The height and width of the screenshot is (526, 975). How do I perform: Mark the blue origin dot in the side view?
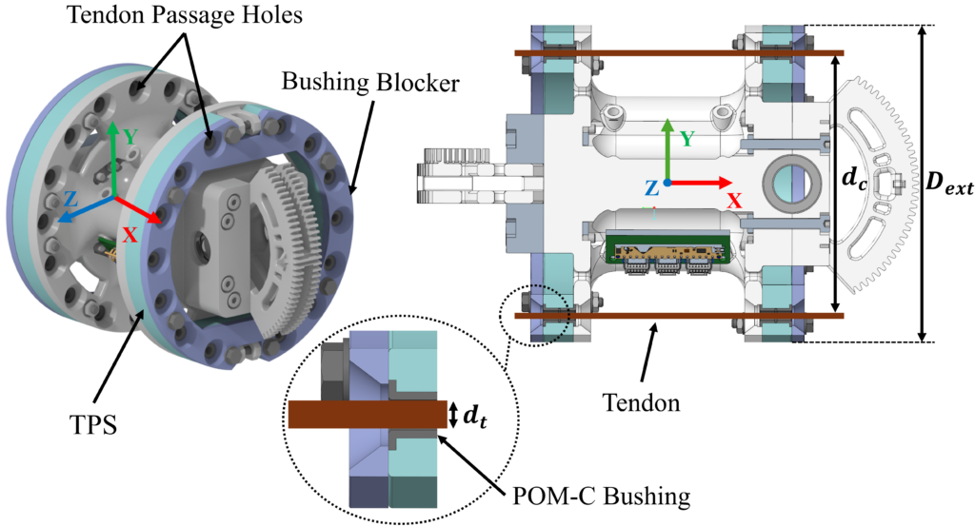pyautogui.click(x=669, y=181)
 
